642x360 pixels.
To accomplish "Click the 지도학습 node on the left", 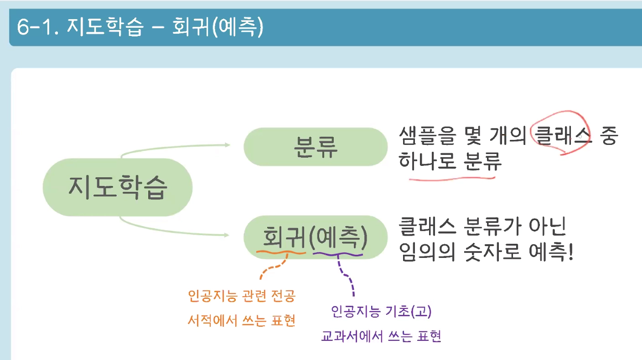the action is [118, 187].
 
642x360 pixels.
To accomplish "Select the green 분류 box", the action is [316, 146].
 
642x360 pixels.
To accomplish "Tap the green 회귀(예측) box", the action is [316, 237].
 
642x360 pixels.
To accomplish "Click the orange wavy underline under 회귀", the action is [281, 251].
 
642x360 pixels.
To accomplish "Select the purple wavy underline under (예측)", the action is [338, 253].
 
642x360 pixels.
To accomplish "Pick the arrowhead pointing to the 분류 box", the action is [227, 145].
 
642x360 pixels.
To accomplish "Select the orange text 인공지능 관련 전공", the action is [242, 297].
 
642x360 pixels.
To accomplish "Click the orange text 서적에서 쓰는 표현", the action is [242, 320].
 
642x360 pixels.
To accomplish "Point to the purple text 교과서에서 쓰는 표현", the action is [381, 337].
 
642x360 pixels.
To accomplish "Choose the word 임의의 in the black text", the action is [427, 251].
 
